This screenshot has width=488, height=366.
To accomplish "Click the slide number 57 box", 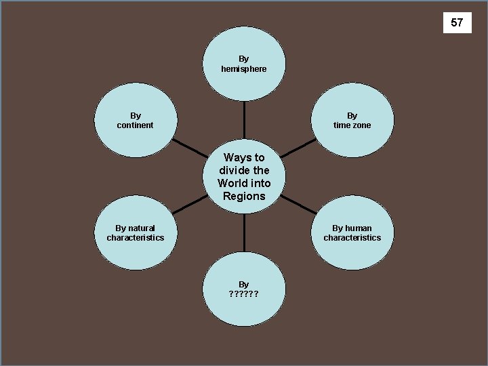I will (x=457, y=23).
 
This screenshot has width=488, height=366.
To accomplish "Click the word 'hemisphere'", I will (x=244, y=69).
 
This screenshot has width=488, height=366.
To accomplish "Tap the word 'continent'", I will (x=136, y=125).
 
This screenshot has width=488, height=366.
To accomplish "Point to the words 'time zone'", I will (x=352, y=125).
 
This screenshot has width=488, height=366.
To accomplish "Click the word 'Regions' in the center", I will (x=244, y=197).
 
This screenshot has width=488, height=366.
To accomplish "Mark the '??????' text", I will (x=244, y=294).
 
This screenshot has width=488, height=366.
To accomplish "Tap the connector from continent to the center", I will (x=190, y=150).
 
